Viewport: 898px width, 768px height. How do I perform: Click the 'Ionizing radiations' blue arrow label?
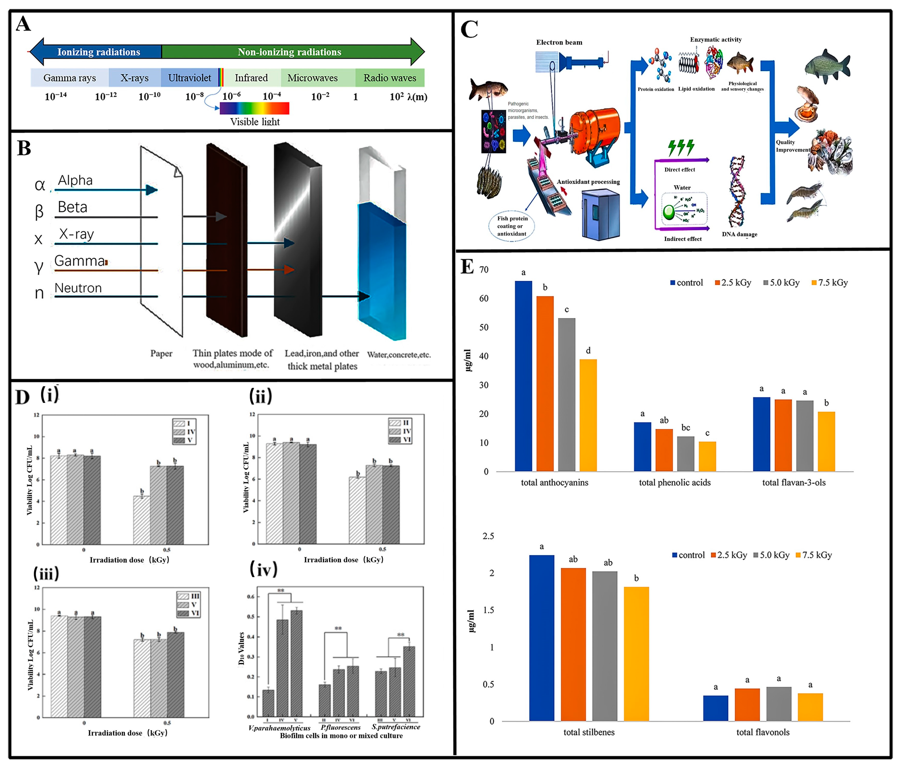[x=98, y=52]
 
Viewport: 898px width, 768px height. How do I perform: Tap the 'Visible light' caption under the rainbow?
[x=255, y=122]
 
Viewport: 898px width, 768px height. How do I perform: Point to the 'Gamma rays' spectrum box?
[x=69, y=78]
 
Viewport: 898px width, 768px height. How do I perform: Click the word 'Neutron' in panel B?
[x=78, y=288]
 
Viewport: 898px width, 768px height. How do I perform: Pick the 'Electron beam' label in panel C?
[x=559, y=42]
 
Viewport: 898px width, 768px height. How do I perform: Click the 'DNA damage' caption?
[x=739, y=235]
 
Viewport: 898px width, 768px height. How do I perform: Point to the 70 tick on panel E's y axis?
[x=484, y=270]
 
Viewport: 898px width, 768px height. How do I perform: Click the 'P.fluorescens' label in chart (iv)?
[x=341, y=727]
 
